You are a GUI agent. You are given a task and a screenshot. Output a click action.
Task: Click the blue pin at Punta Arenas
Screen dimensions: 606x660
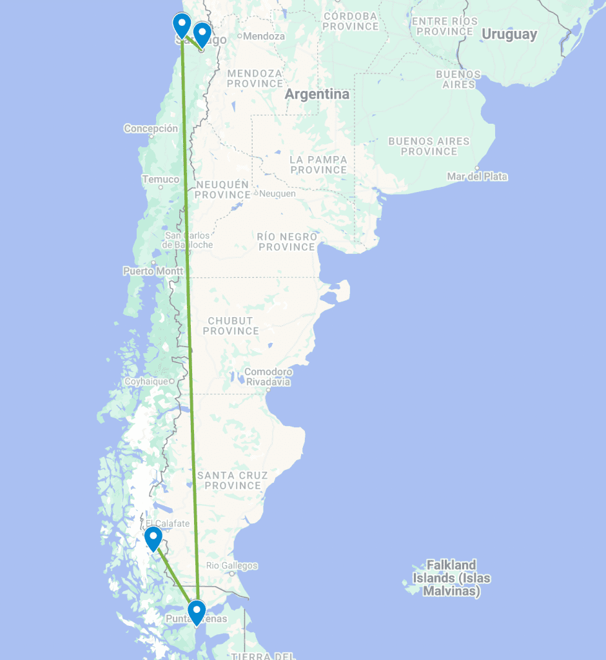(196, 611)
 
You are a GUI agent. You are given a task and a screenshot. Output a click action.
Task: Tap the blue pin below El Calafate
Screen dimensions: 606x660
(153, 538)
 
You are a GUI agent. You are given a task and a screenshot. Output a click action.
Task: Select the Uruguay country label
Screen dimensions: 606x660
(509, 35)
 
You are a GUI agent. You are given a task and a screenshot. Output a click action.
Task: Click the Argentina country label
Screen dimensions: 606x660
(317, 94)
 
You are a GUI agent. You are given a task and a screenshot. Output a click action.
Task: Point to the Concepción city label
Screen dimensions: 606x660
(151, 128)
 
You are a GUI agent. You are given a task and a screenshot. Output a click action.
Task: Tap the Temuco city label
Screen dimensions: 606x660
(161, 179)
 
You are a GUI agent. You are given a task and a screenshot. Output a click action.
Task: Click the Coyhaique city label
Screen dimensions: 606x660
(149, 382)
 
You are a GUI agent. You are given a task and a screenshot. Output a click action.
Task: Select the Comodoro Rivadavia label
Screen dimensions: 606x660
(268, 377)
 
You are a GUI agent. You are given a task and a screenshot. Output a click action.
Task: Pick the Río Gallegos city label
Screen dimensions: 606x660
(232, 566)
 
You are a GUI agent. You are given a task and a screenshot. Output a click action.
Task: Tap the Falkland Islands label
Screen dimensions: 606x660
(451, 578)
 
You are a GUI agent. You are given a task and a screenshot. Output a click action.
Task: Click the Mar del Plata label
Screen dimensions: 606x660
(478, 177)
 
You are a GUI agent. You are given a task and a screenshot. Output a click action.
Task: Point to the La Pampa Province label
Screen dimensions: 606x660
(318, 164)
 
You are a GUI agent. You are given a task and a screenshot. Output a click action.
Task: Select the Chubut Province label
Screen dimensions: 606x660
(231, 325)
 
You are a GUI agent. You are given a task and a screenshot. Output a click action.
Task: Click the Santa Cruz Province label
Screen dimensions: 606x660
(233, 480)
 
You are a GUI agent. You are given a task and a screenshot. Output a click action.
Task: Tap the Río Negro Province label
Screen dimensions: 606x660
(286, 242)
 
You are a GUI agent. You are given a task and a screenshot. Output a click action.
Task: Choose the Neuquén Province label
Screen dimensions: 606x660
(222, 189)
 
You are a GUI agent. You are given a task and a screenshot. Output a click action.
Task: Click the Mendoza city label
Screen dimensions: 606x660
(264, 36)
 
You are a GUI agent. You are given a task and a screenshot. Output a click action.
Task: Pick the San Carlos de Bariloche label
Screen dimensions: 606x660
(188, 240)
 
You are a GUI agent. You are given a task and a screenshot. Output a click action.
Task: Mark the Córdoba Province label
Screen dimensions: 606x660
(351, 21)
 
